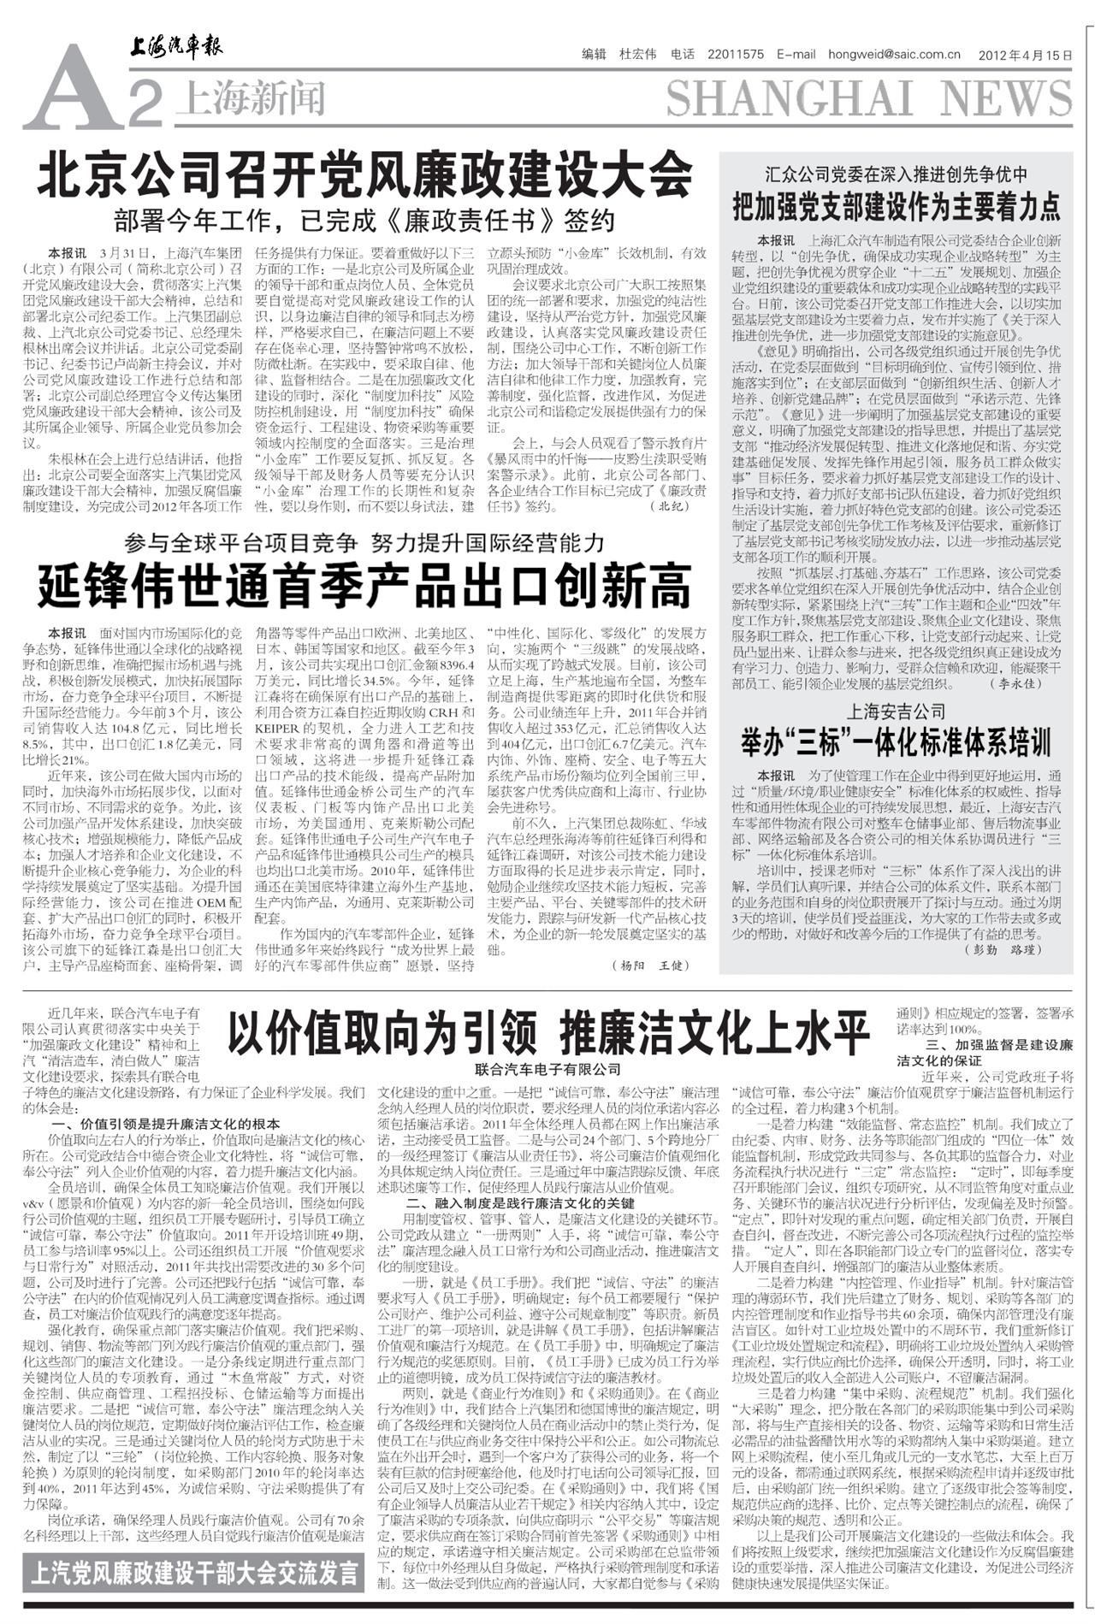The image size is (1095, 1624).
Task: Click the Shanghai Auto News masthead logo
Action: [176, 48]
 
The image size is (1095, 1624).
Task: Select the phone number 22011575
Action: [736, 55]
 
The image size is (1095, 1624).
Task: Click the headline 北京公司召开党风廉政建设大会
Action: [364, 175]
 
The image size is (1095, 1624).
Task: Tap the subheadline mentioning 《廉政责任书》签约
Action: [364, 221]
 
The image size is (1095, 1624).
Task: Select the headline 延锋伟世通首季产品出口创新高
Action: [364, 586]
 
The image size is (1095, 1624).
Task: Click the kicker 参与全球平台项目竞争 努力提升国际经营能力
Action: [364, 542]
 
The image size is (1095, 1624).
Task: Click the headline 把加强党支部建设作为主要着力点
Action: [896, 207]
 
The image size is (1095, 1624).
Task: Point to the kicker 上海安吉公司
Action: [896, 711]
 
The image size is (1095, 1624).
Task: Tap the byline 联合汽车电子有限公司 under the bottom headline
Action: [548, 1070]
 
